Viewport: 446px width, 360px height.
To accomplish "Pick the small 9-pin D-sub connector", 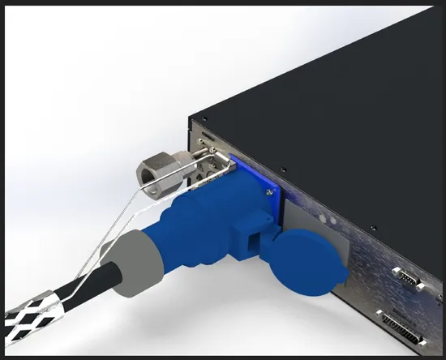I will coord(404,279).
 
